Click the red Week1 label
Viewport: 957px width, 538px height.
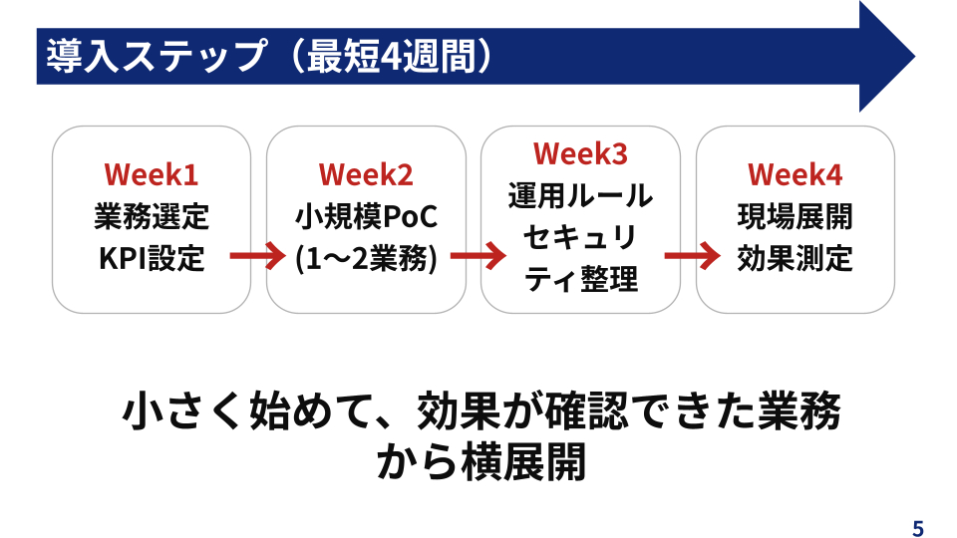(x=152, y=174)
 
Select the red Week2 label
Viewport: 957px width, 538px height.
(x=366, y=174)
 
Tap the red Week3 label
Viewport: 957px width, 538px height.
(x=580, y=153)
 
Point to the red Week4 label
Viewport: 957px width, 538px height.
(x=796, y=174)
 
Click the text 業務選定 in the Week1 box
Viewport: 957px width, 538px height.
(x=152, y=216)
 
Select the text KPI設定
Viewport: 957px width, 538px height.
(x=152, y=258)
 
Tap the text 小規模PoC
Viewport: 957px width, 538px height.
(x=366, y=216)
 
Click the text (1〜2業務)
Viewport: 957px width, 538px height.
(x=366, y=258)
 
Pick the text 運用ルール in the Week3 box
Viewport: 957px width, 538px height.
(x=580, y=195)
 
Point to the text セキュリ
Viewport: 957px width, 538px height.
(x=580, y=237)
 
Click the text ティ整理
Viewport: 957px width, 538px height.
(x=580, y=279)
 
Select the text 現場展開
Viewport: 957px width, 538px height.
(x=796, y=216)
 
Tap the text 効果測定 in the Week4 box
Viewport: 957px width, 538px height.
(x=796, y=258)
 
